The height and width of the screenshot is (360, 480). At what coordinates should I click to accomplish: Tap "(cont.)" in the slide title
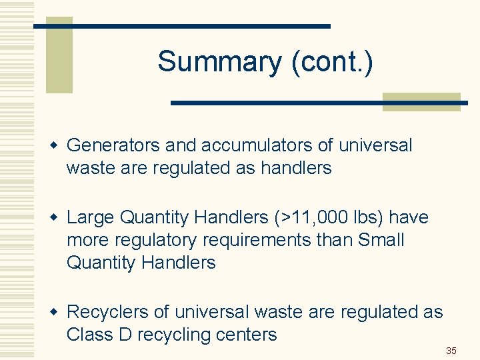(331, 62)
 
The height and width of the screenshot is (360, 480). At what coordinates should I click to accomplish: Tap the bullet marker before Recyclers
(57, 312)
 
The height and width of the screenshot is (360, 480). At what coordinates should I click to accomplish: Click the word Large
(89, 217)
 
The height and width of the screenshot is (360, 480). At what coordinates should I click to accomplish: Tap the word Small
(381, 240)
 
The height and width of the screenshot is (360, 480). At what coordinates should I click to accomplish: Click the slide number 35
(451, 351)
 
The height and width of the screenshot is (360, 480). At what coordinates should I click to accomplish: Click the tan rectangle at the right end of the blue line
(421, 101)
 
